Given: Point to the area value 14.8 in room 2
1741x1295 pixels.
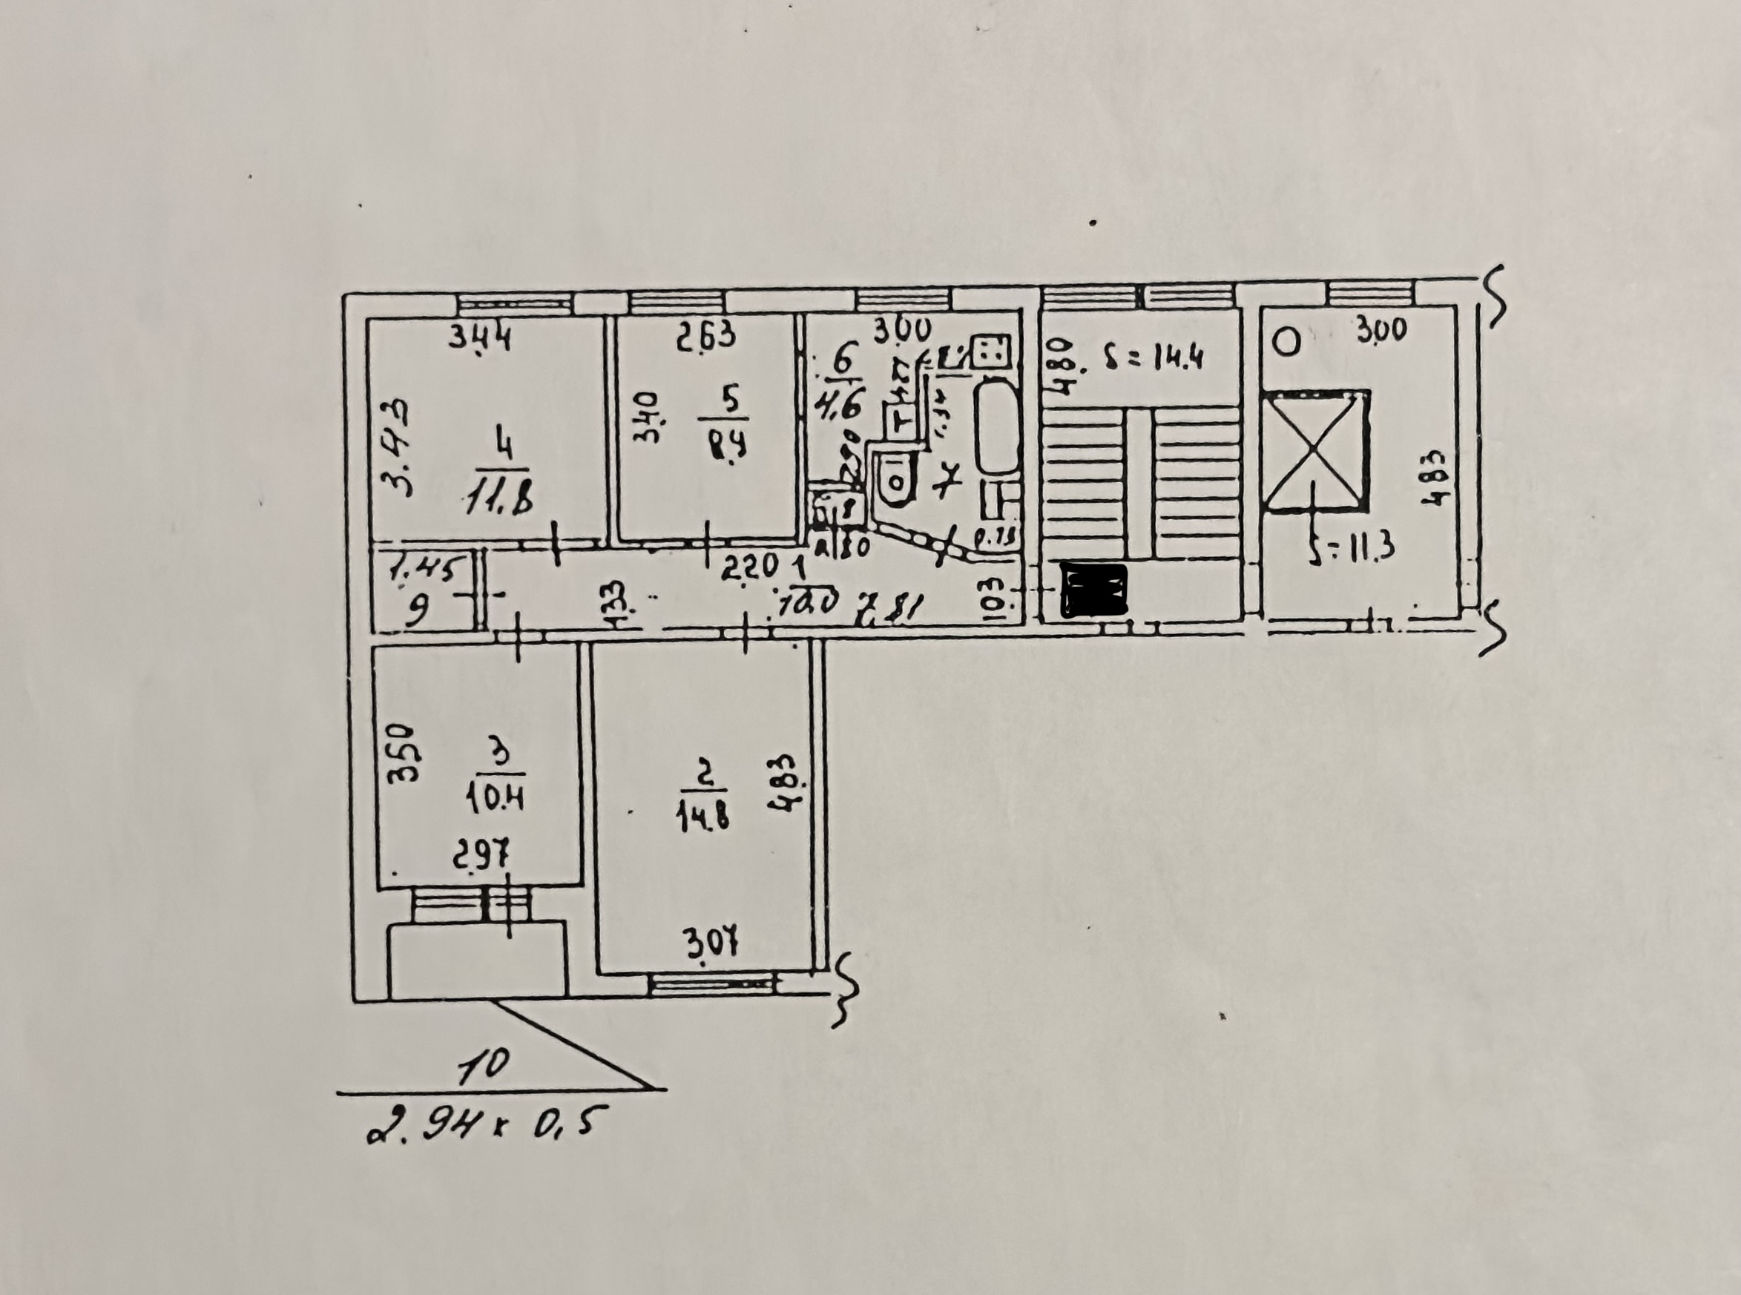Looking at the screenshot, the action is pyautogui.click(x=702, y=818).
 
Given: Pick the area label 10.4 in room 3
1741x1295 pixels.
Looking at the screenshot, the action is pyautogui.click(x=496, y=800).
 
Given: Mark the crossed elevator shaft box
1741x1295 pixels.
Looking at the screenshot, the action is pyautogui.click(x=1315, y=453).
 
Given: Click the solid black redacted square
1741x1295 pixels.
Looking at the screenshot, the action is pyautogui.click(x=1093, y=590).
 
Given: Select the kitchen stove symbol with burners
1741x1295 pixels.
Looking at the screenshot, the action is pyautogui.click(x=991, y=350).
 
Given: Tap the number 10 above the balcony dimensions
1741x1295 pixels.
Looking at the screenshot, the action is pyautogui.click(x=484, y=1067).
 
